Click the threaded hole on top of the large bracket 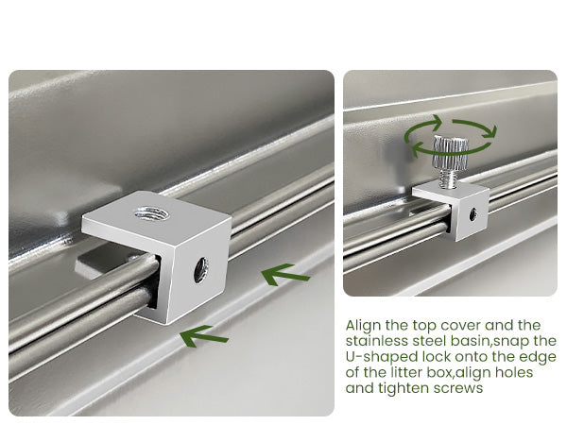[151, 212]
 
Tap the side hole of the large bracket [200, 269]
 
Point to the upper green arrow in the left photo [285, 274]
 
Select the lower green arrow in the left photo [204, 336]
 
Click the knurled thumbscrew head [451, 153]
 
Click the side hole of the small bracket [472, 214]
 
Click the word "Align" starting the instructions [363, 326]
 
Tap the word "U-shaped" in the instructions [382, 357]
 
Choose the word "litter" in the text [406, 372]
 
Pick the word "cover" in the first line [461, 326]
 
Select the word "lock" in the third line [437, 357]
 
